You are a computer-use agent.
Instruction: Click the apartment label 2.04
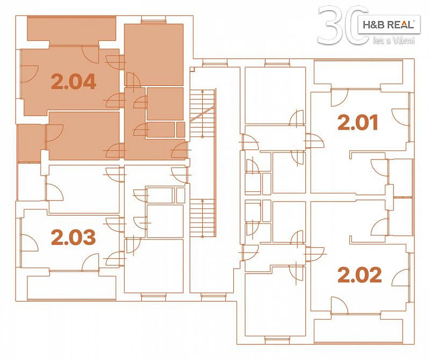[74, 82]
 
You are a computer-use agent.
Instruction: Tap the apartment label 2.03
[74, 237]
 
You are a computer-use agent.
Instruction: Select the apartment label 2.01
[358, 123]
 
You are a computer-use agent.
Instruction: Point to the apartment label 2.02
[360, 275]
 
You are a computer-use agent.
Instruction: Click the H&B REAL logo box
[389, 24]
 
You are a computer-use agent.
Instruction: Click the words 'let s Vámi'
[394, 41]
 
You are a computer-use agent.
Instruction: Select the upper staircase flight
[203, 113]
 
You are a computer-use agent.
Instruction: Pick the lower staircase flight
[203, 218]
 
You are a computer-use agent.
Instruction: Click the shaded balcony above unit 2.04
[71, 28]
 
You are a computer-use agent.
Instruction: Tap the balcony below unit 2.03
[71, 288]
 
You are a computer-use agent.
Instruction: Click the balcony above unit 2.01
[359, 72]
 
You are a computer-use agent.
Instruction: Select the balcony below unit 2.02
[359, 330]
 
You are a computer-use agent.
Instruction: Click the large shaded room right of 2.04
[154, 55]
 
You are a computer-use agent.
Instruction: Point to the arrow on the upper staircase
[203, 113]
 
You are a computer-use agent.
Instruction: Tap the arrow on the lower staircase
[203, 218]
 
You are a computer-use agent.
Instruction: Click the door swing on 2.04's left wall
[30, 74]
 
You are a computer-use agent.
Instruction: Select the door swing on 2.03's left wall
[30, 243]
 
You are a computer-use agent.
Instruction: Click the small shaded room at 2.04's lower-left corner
[31, 143]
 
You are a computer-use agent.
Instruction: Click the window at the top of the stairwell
[215, 64]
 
